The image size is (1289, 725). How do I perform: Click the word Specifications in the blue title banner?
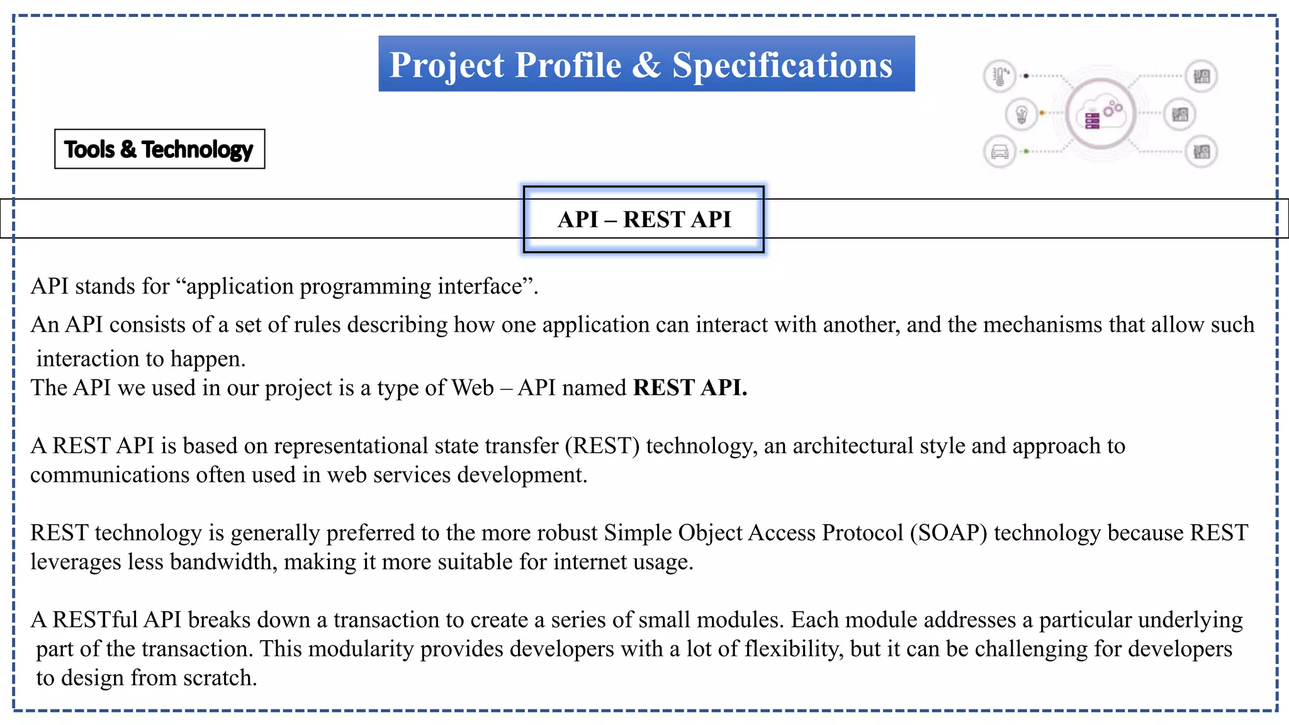pos(782,65)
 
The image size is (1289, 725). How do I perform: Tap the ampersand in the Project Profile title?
pos(647,65)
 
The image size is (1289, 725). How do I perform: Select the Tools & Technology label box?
pos(159,149)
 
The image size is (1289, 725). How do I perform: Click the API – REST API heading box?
pos(644,219)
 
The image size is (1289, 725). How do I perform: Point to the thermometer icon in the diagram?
pos(999,76)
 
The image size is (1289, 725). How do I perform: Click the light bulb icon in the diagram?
pos(1022,115)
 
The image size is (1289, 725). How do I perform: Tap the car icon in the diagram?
pos(999,152)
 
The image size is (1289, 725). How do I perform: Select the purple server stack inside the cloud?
pos(1092,120)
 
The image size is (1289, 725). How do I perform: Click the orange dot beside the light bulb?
pos(1042,113)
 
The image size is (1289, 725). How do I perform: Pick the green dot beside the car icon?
pos(1027,152)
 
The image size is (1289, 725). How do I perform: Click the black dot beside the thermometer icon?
pos(1026,76)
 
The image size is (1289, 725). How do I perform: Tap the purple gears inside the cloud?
pos(1113,108)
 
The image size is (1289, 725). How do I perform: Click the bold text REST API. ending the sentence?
pos(690,388)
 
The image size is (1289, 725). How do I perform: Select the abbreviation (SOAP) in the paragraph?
pos(948,533)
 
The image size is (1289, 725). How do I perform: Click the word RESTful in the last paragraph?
pos(95,620)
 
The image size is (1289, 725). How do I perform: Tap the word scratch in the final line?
pos(220,678)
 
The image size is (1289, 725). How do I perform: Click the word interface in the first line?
pos(485,286)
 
